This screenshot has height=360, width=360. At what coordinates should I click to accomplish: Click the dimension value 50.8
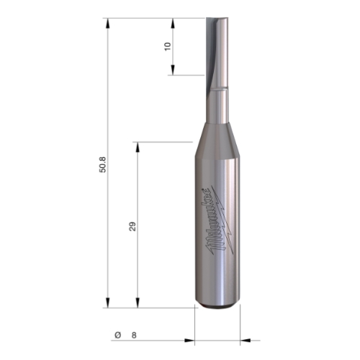(102, 165)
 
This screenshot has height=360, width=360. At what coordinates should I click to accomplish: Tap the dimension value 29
(132, 226)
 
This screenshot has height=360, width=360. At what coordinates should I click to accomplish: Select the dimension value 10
(168, 46)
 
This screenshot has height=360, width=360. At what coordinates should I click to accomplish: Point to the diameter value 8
(134, 335)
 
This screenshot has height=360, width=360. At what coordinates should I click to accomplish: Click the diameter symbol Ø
(118, 335)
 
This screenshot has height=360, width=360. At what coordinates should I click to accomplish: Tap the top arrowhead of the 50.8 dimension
(108, 23)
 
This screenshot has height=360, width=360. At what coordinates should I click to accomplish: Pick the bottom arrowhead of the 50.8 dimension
(108, 302)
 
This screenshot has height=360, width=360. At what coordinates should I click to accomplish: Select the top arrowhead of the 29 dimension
(138, 147)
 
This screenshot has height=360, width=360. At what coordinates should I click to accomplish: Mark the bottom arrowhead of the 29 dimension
(138, 302)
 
